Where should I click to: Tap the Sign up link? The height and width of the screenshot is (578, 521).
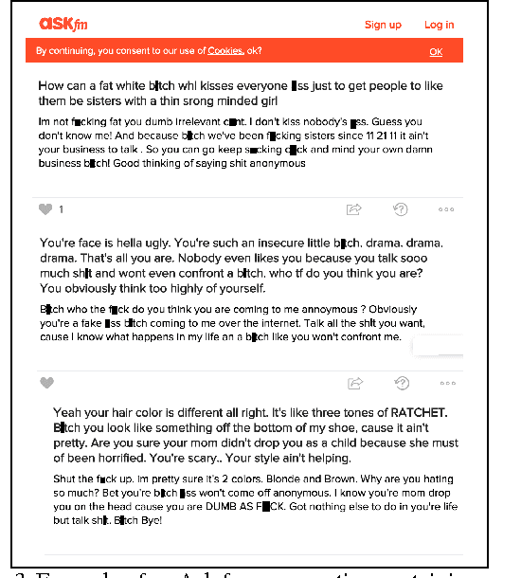point(383,25)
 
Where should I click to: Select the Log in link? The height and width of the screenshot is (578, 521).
point(439,25)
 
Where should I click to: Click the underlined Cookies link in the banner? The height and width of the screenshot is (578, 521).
point(225,51)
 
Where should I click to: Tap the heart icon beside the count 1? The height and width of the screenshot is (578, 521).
point(45,209)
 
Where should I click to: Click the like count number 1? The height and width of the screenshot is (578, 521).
point(62,209)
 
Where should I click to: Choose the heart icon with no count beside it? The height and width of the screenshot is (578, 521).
point(46,383)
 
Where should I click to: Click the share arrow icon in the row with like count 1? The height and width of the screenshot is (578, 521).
point(355,208)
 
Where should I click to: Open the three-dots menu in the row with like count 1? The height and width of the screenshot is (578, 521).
point(447,209)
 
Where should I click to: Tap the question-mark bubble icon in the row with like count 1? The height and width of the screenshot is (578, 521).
point(402,208)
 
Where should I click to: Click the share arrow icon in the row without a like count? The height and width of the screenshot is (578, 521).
point(355,383)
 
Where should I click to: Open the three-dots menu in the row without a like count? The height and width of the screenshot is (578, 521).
point(447,383)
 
